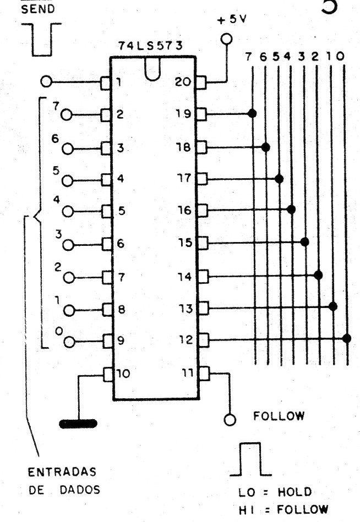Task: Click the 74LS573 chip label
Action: click(150, 46)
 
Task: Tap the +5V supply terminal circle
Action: click(226, 39)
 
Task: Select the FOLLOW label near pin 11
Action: click(279, 416)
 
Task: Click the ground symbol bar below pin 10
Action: click(78, 424)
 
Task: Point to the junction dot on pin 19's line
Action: click(252, 113)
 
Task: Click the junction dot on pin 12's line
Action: click(347, 338)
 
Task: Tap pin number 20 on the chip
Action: click(183, 81)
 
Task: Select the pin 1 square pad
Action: click(106, 83)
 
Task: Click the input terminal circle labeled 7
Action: click(67, 115)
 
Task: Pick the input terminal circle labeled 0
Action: click(69, 342)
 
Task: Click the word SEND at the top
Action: click(38, 9)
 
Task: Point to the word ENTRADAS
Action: click(62, 472)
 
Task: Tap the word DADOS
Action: click(80, 490)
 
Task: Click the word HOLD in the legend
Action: click(294, 492)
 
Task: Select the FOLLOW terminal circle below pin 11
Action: click(230, 420)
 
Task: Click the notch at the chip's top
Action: click(152, 70)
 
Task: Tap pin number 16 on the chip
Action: click(184, 210)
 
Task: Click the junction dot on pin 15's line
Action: click(304, 241)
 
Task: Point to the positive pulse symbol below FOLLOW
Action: click(250, 459)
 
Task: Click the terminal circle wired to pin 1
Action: click(46, 81)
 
